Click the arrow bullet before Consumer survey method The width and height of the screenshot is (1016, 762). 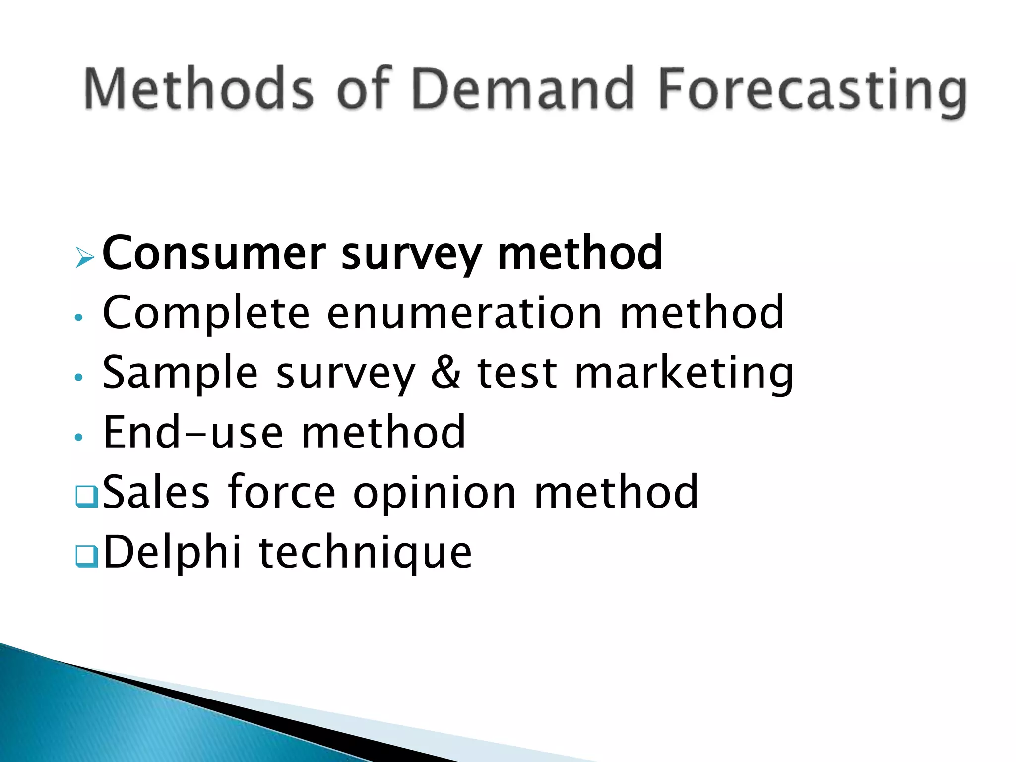[84, 257]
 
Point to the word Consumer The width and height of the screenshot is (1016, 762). [214, 254]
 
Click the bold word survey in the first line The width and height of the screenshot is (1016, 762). [411, 255]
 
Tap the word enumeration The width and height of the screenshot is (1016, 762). [464, 314]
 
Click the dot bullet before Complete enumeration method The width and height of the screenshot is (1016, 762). [78, 317]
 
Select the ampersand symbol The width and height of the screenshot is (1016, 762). [445, 373]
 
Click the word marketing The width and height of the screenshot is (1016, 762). [684, 375]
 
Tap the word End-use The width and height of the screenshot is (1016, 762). [193, 433]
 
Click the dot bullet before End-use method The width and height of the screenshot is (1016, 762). [78, 437]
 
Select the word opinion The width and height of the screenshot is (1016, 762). [435, 494]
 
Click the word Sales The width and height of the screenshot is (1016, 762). [156, 492]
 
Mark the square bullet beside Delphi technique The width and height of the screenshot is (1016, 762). [86, 556]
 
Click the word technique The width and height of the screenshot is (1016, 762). [365, 554]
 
